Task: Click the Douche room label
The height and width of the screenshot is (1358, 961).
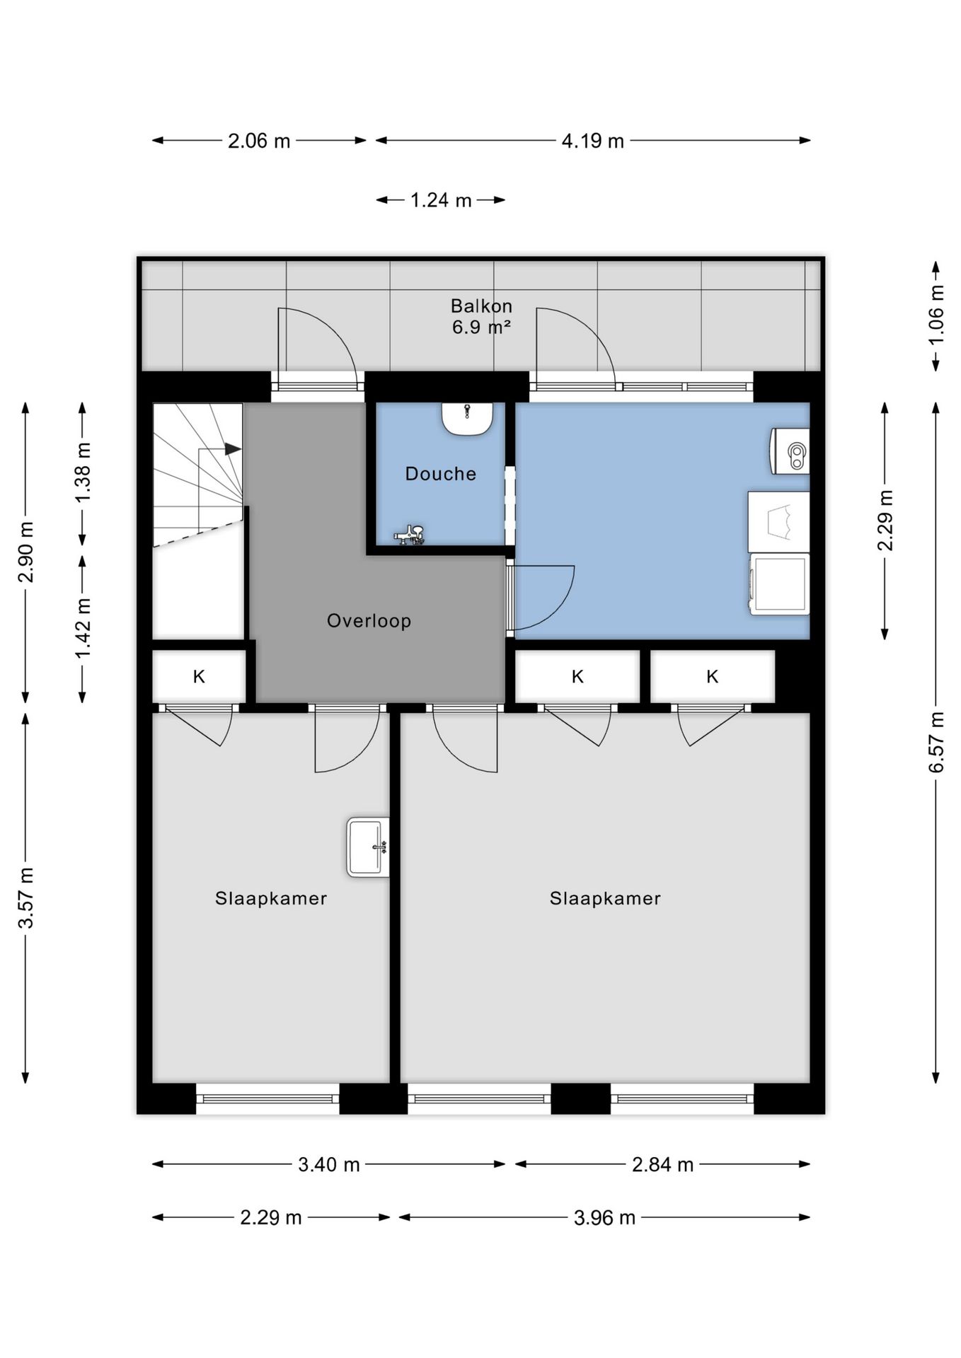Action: coord(440,473)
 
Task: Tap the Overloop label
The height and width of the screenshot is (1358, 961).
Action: coord(369,620)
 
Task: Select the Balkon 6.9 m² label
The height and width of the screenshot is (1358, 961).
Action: coord(481,316)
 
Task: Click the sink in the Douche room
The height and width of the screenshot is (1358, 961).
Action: coord(467,418)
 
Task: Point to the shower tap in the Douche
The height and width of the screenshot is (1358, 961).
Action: coord(410,535)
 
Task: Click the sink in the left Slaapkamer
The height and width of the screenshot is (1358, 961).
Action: coord(368,847)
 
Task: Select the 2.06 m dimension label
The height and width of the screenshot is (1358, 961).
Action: coord(259,141)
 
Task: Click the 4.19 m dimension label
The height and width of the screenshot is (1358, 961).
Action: coord(593,141)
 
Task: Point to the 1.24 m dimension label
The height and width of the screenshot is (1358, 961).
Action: coord(441,200)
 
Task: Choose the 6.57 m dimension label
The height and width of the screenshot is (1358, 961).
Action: coord(936,742)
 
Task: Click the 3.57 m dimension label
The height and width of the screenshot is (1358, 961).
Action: coord(25,898)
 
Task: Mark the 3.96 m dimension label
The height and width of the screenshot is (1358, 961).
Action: coord(604,1217)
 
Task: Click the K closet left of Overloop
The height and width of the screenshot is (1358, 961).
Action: coord(199,677)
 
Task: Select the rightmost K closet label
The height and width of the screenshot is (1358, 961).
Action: coord(712,677)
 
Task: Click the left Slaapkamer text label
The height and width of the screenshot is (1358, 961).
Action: coord(271,898)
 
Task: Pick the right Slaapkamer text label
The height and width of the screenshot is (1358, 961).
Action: coord(605,898)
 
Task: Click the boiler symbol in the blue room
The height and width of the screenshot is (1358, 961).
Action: coord(790,451)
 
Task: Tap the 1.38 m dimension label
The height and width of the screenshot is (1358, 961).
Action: coord(83,472)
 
